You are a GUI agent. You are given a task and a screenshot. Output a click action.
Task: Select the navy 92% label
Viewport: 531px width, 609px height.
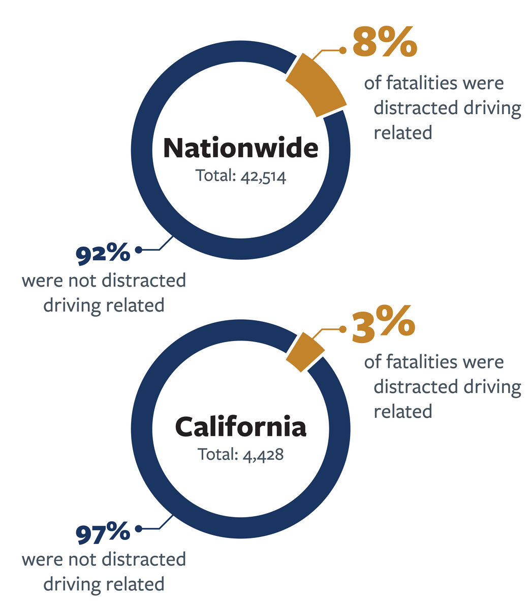pyautogui.click(x=103, y=253)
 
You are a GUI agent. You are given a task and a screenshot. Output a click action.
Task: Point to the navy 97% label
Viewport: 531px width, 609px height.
pyautogui.click(x=103, y=533)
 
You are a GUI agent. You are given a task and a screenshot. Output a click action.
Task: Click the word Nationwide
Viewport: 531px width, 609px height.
pyautogui.click(x=241, y=147)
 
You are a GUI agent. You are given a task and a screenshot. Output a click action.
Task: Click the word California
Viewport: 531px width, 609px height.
pyautogui.click(x=241, y=426)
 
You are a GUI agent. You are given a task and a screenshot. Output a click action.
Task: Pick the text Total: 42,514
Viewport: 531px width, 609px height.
pyautogui.click(x=241, y=176)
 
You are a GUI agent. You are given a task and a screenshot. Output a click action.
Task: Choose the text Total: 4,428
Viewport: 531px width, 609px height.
pyautogui.click(x=241, y=454)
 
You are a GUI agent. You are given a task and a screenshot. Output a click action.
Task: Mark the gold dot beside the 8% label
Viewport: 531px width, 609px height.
pyautogui.click(x=343, y=50)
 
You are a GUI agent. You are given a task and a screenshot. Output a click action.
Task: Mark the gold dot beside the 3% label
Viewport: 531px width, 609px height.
pyautogui.click(x=343, y=329)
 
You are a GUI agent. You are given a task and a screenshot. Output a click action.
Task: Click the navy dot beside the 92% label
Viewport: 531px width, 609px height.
pyautogui.click(x=138, y=250)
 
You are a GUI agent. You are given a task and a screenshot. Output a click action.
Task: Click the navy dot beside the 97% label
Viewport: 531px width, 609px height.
pyautogui.click(x=138, y=529)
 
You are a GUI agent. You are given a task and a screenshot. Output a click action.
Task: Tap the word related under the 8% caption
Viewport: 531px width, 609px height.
pyautogui.click(x=402, y=132)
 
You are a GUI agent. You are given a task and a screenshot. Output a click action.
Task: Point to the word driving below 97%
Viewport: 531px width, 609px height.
pyautogui.click(x=73, y=584)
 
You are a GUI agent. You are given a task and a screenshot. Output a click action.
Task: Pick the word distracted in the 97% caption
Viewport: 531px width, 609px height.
pyautogui.click(x=144, y=559)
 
